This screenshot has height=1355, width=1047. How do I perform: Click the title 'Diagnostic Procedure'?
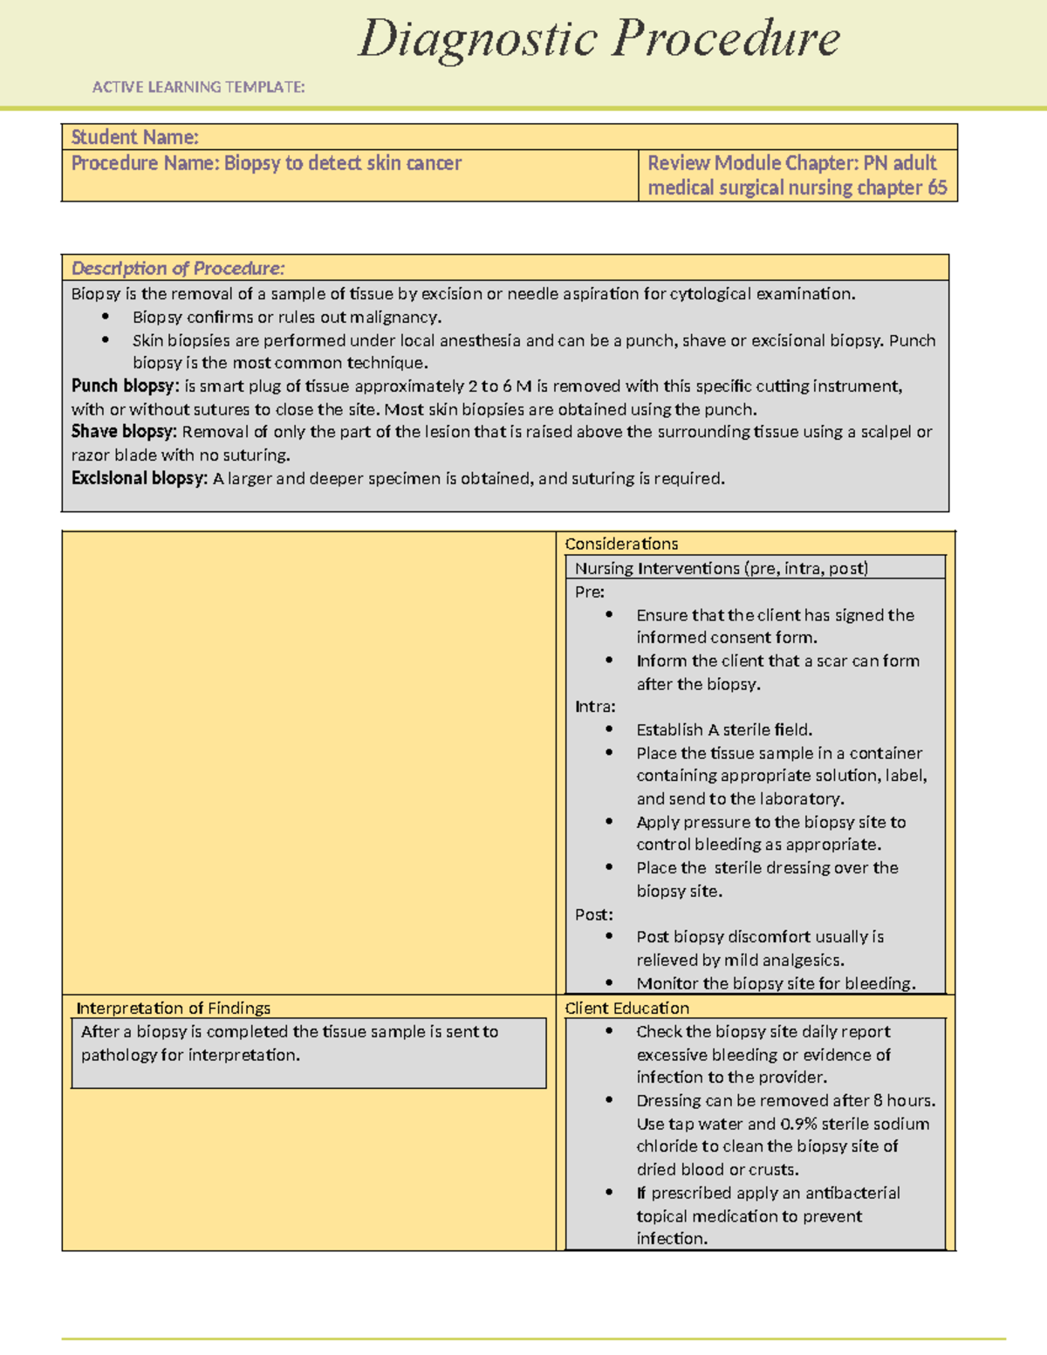[599, 39]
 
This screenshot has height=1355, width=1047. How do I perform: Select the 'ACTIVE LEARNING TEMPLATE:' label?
[198, 87]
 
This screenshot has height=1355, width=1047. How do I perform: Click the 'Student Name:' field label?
[134, 137]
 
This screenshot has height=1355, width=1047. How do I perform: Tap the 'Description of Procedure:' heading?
[177, 269]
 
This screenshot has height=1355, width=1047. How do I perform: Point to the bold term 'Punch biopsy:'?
[125, 387]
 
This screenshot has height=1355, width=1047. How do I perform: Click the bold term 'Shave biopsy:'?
[124, 432]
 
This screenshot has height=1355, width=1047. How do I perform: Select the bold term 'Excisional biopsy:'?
[139, 478]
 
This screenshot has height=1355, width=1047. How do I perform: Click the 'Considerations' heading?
[621, 544]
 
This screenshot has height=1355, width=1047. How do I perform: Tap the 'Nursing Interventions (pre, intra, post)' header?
[721, 568]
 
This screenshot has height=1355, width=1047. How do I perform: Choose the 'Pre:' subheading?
[589, 592]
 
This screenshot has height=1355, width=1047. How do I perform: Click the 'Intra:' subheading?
[595, 707]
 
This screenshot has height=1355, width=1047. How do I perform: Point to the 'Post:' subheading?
[593, 914]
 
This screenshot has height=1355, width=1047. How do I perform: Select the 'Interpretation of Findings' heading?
[173, 1008]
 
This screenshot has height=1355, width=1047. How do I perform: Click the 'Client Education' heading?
[626, 1008]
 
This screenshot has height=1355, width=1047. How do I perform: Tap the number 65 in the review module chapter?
[936, 188]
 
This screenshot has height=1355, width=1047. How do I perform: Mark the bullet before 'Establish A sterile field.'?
[609, 729]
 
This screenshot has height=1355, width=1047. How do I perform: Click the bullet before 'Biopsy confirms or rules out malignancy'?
[106, 317]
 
